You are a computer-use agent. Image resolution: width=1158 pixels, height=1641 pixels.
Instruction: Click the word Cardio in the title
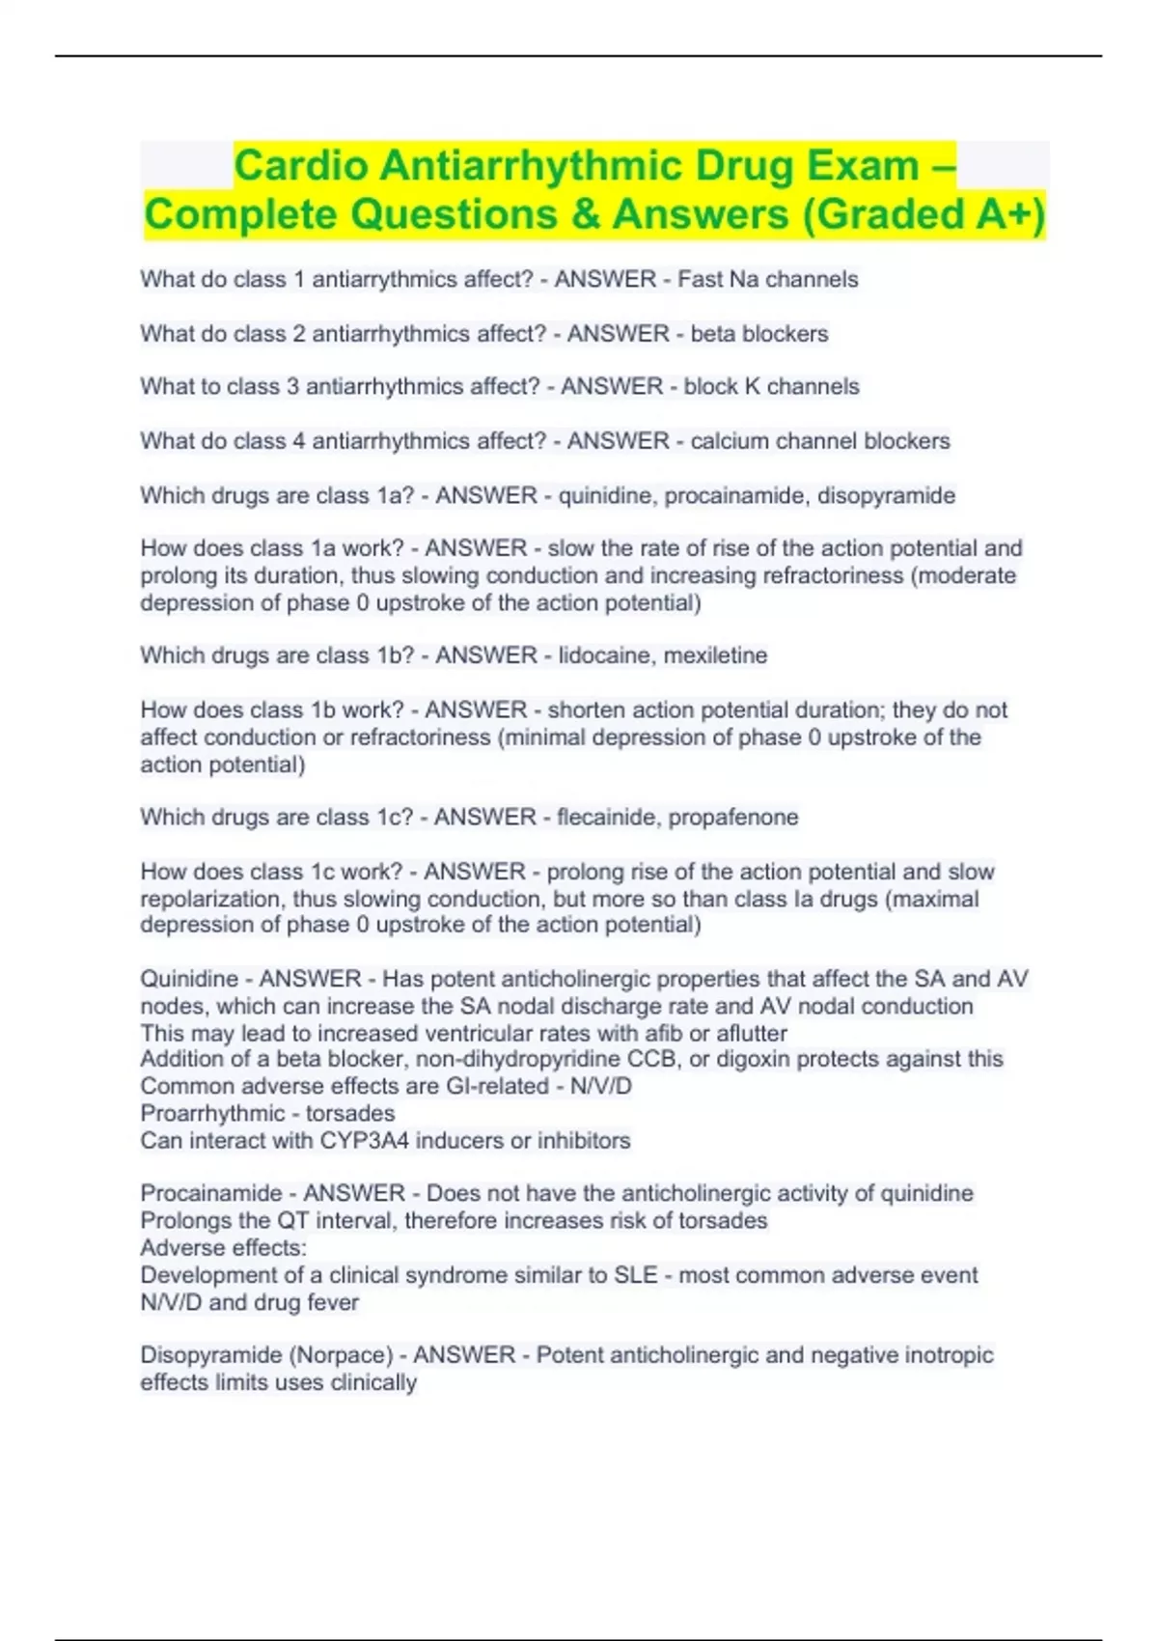pos(300,165)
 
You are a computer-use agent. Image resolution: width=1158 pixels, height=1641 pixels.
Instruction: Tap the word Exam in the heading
pos(863,165)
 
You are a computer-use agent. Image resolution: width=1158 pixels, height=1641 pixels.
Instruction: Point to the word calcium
pos(729,441)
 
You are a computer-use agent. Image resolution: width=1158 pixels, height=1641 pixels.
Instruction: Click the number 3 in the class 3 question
pos(292,387)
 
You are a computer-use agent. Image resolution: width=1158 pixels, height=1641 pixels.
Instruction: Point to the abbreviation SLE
pos(636,1275)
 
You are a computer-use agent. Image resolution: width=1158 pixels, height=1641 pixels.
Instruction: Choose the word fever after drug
pos(333,1302)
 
